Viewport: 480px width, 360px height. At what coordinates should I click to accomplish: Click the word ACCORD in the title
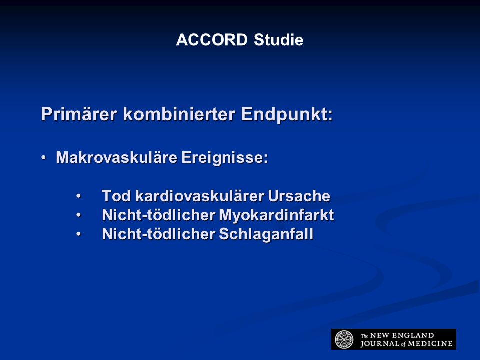[x=212, y=40]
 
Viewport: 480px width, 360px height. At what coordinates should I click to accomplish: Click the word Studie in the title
[x=278, y=40]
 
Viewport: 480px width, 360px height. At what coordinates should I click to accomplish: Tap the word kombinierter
[x=179, y=114]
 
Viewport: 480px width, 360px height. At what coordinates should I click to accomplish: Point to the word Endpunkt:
[x=287, y=114]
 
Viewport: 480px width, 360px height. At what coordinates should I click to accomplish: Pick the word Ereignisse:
[x=225, y=158]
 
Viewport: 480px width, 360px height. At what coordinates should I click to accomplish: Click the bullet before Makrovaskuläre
[x=44, y=158]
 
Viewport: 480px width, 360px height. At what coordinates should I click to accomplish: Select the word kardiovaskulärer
[x=200, y=196]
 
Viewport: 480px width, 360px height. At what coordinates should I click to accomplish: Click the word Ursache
[x=299, y=196]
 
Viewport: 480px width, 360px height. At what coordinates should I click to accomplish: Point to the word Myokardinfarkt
[x=276, y=215]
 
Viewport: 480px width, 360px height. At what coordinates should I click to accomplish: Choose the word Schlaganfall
[x=266, y=234]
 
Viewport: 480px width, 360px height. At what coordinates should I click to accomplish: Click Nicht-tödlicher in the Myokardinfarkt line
[x=159, y=215]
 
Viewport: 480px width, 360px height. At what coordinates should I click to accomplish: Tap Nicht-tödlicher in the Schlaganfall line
[x=159, y=234]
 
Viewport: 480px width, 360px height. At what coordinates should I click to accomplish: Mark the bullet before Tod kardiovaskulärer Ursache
[x=79, y=196]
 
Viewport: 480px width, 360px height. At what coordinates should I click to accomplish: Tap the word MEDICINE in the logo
[x=430, y=344]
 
